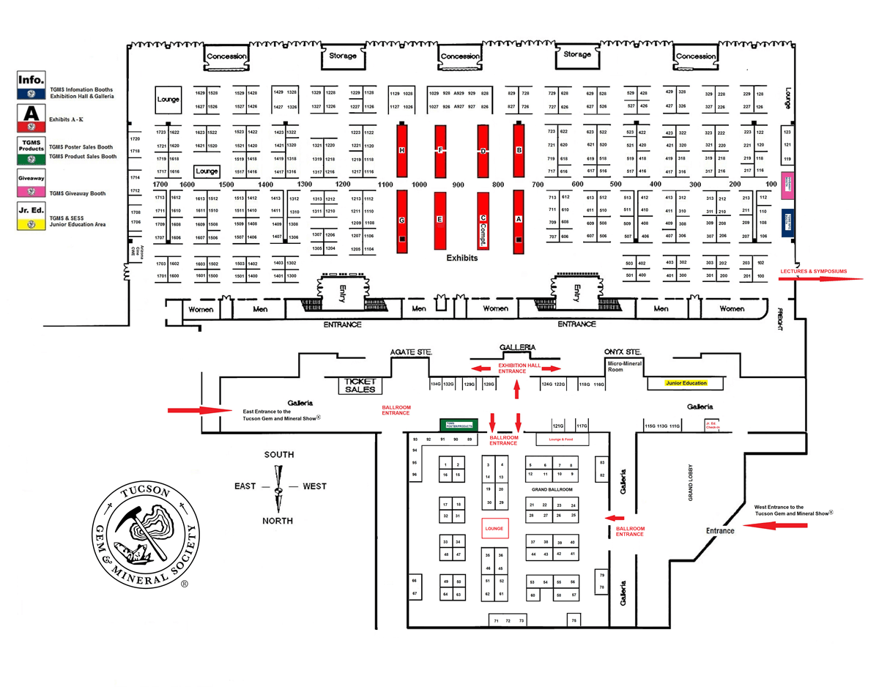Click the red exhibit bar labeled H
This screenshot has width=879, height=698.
401,150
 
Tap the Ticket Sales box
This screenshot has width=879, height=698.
360,386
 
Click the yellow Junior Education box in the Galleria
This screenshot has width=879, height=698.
692,383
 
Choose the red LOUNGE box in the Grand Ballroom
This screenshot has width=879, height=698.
493,529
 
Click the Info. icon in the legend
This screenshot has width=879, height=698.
32,85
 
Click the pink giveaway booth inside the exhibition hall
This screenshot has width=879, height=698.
788,186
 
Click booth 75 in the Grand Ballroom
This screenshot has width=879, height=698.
574,620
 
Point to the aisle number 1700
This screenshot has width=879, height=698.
161,185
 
